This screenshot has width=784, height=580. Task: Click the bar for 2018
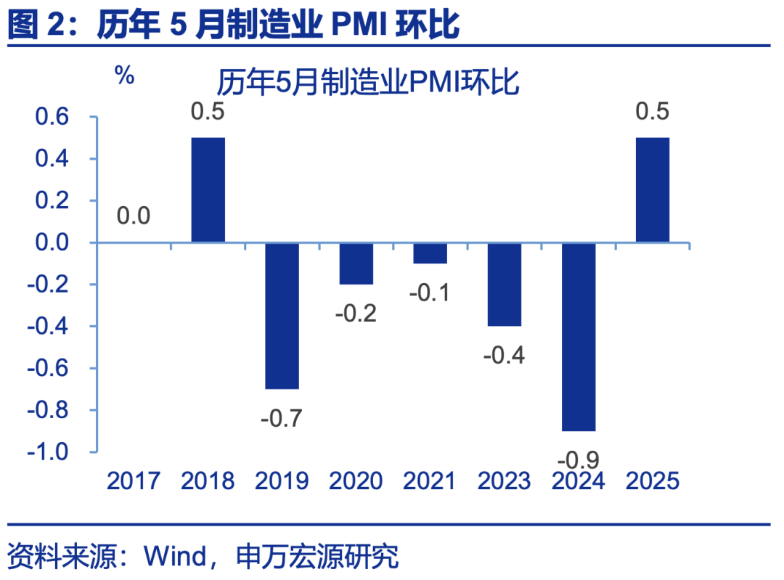[x=208, y=189]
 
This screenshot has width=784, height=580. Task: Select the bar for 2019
[x=282, y=316]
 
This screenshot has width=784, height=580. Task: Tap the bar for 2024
[x=578, y=337]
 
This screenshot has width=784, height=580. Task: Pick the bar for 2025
[x=652, y=189]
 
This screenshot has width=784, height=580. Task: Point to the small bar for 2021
[x=430, y=253]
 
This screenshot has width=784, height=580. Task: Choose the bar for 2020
[x=356, y=264]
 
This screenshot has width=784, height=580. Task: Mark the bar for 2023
[x=504, y=285]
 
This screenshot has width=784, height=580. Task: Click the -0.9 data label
[x=579, y=459]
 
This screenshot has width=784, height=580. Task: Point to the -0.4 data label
[x=505, y=356]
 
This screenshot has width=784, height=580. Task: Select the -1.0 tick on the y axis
[x=47, y=452]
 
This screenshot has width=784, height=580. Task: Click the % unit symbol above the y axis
[x=125, y=75]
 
